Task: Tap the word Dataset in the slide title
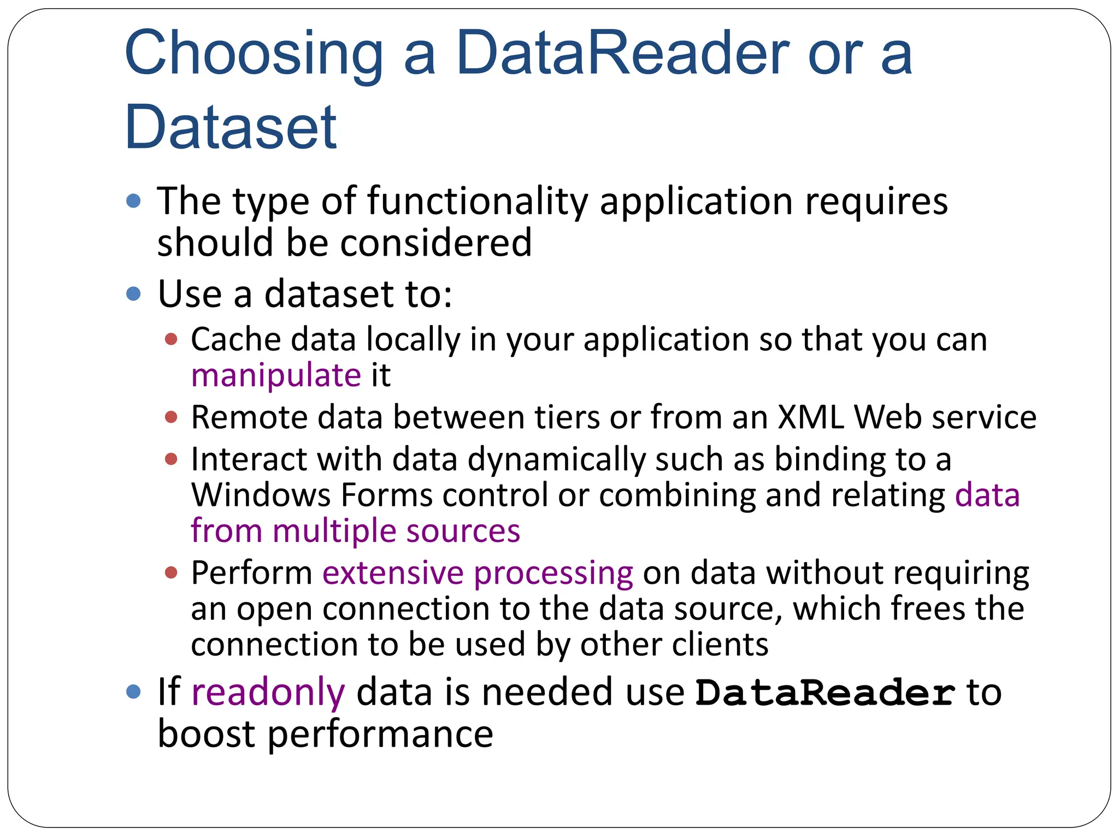point(231,128)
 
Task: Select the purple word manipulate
point(276,376)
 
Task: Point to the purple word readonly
point(268,693)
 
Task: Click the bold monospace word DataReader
point(825,693)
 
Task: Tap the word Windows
point(261,495)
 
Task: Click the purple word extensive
point(393,574)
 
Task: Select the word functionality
point(477,202)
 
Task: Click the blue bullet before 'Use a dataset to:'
point(133,294)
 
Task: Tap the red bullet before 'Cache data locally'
point(171,340)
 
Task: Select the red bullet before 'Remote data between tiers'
point(171,418)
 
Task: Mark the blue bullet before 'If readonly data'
point(133,692)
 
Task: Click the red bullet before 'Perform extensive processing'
point(171,573)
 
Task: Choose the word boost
point(206,734)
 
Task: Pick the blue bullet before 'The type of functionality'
point(133,202)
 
